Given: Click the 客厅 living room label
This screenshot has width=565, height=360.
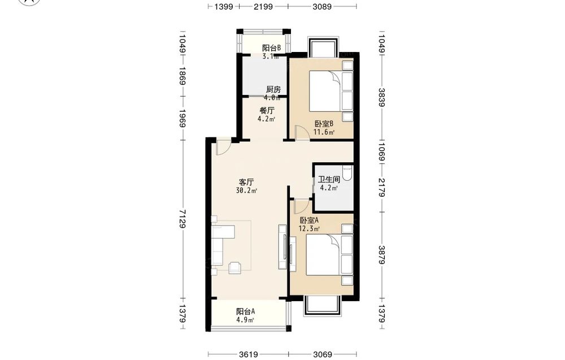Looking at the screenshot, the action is (x=246, y=182).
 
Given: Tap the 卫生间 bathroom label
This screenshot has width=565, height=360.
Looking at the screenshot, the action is (x=329, y=180).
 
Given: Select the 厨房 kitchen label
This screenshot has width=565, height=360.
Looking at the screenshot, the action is (x=273, y=89).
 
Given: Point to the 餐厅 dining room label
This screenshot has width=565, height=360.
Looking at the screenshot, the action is (x=267, y=111).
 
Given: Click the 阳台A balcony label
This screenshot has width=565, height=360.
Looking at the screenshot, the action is (x=246, y=311).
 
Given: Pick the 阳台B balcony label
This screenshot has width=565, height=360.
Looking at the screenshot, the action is (x=271, y=48).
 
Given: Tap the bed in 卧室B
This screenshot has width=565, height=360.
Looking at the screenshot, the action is (x=331, y=91).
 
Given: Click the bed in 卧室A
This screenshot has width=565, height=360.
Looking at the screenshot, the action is (x=329, y=255).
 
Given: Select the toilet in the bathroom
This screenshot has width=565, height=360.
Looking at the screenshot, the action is (x=347, y=173).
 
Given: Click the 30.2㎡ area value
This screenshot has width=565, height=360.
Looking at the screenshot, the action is (x=246, y=190).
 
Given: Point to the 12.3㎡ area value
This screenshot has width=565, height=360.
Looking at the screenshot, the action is (x=309, y=228).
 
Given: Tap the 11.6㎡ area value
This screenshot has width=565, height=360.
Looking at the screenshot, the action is (x=324, y=132).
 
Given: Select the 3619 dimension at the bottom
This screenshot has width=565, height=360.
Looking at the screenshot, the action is (x=248, y=354).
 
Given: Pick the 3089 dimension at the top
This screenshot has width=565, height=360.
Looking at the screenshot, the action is (x=322, y=6).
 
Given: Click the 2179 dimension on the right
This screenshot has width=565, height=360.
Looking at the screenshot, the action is (x=382, y=188).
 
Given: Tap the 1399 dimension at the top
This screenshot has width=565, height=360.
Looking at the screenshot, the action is (x=224, y=6).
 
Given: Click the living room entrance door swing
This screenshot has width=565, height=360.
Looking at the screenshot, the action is (x=223, y=147).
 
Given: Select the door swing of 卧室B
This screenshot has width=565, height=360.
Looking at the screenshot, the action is (x=302, y=133).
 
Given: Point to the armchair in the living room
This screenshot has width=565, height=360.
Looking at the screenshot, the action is (x=235, y=267).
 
